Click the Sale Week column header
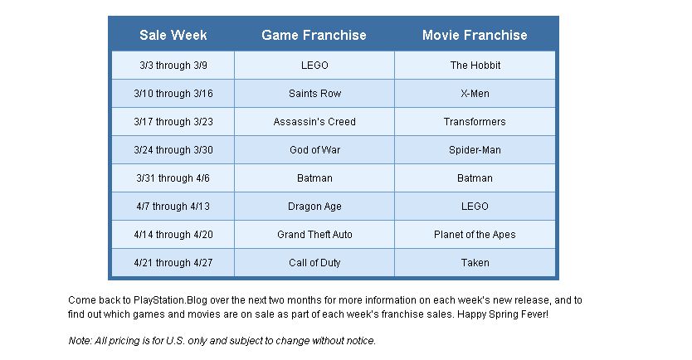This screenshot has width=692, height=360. [x=173, y=35]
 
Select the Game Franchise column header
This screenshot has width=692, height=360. [x=314, y=35]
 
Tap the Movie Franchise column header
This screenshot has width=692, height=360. [x=475, y=35]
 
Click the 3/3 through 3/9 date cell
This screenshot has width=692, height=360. [x=173, y=66]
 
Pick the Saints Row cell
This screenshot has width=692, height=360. [x=314, y=94]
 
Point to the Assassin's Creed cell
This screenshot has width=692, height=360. [x=314, y=122]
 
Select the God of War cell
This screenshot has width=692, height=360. [x=314, y=150]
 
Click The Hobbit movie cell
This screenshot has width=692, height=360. [x=475, y=66]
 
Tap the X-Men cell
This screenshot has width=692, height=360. [x=475, y=94]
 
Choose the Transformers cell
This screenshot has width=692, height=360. [x=475, y=122]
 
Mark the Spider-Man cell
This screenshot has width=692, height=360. [x=475, y=150]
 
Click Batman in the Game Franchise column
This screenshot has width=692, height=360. [x=314, y=178]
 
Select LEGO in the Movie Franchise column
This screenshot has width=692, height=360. [x=475, y=207]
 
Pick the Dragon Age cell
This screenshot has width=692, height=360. [x=314, y=207]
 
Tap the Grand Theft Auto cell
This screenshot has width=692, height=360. [x=314, y=235]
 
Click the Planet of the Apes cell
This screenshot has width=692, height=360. [x=475, y=235]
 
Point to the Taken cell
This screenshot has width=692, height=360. [x=475, y=263]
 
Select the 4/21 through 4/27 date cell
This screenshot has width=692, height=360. [x=173, y=263]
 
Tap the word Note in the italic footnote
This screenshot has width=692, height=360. [x=80, y=341]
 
